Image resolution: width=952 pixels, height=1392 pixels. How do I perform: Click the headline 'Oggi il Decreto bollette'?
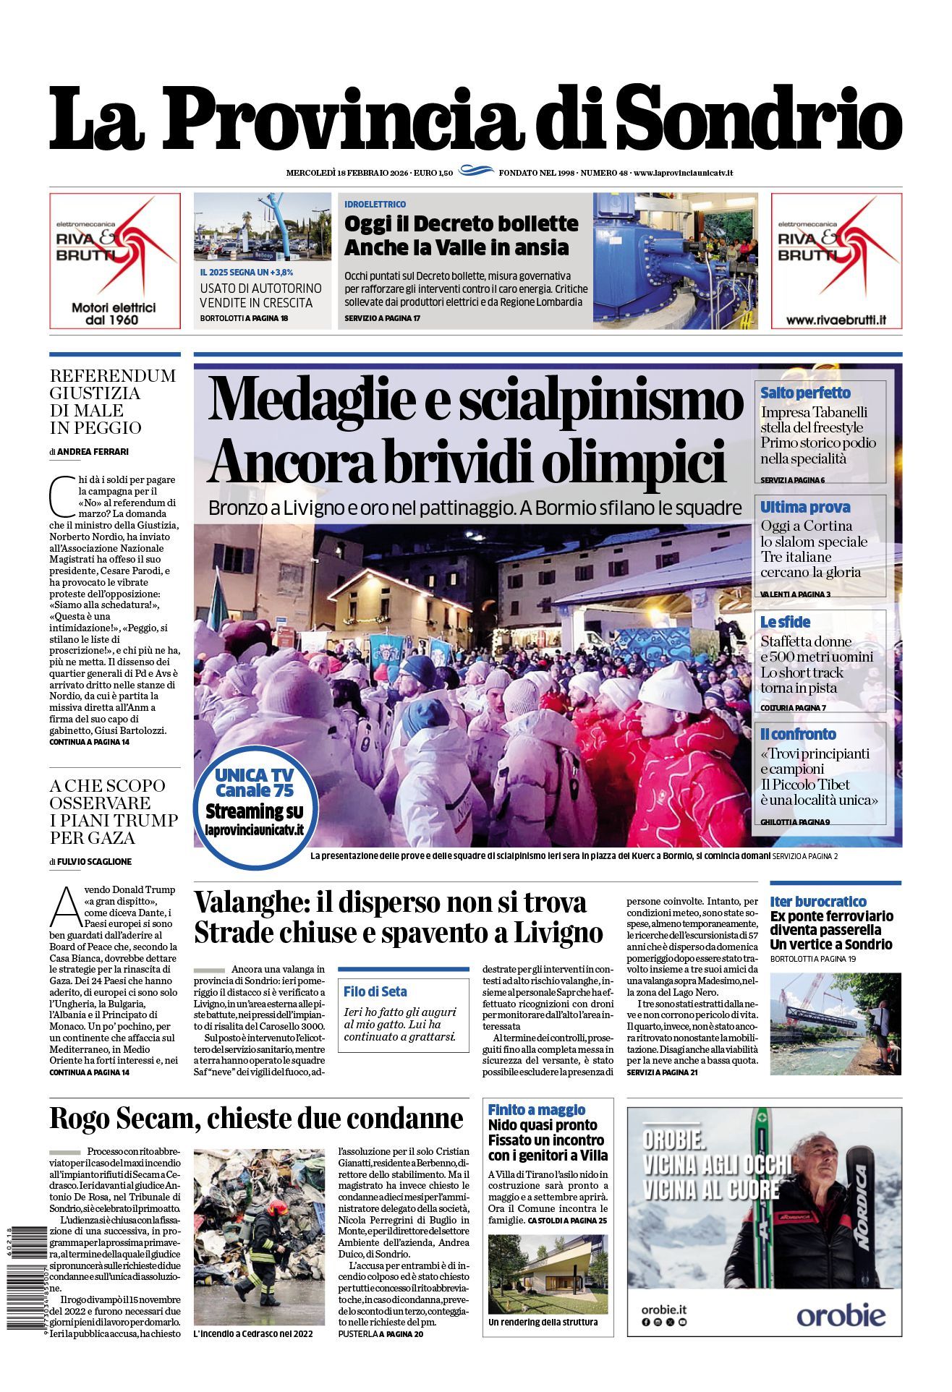(x=461, y=223)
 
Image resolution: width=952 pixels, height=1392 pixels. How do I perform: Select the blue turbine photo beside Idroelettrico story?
(x=675, y=261)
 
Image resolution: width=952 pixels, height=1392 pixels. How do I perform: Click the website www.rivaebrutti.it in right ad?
(x=836, y=320)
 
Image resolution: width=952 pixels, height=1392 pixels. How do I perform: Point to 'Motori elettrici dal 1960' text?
(x=114, y=313)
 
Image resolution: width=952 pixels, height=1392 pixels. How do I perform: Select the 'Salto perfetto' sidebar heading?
(x=805, y=393)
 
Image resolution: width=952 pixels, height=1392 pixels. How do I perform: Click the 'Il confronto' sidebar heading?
(x=798, y=734)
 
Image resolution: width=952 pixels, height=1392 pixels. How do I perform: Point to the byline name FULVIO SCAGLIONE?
(x=95, y=861)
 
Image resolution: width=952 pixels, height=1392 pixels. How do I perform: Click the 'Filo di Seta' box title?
(x=375, y=991)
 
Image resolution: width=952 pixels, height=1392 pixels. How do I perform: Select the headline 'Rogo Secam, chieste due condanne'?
(x=256, y=1118)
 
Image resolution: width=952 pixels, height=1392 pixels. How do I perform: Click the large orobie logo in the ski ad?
(x=840, y=1315)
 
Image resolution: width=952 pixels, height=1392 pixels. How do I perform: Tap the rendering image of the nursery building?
(x=548, y=1274)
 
